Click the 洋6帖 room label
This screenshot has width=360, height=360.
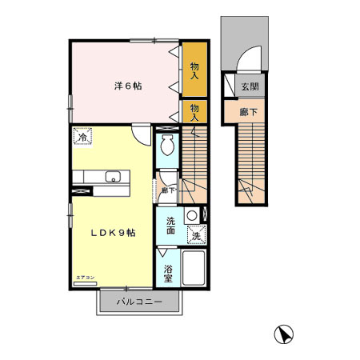coord(127,86)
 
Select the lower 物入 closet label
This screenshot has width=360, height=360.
coord(194,110)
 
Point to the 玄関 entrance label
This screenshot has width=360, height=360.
coord(250,86)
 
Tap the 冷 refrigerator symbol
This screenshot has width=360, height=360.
coord(82,138)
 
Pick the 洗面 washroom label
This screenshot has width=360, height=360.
coord(171,226)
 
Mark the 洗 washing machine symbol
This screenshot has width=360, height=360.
coord(196,235)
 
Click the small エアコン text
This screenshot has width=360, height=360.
coord(85,278)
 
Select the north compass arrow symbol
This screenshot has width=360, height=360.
coord(282,333)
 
